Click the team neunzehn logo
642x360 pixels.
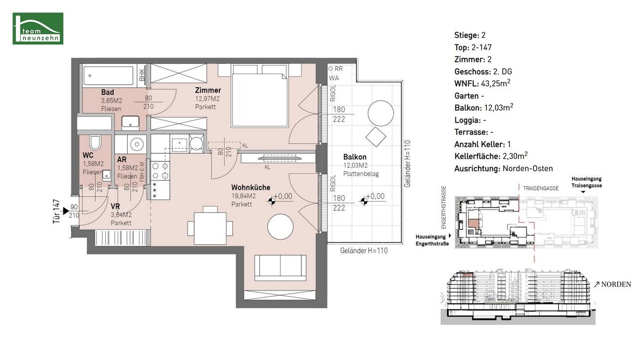coord(38,29)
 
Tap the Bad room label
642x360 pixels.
coord(107,92)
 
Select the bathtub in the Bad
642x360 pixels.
coord(108,76)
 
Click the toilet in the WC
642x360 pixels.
coord(95,142)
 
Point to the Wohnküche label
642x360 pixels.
coord(251,187)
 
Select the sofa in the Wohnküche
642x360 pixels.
coord(280,268)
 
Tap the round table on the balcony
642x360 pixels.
coord(381,113)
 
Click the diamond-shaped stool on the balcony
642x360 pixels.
coord(376,137)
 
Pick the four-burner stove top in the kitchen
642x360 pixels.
coord(160,171)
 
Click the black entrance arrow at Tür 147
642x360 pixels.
coord(66,211)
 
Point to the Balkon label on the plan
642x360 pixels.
coord(355,157)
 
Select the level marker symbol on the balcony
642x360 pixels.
coord(364,202)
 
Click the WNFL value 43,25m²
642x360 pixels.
coord(496,83)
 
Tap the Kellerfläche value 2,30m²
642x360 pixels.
coord(515,156)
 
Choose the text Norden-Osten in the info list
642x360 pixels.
coord(528,168)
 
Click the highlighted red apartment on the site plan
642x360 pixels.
coord(473,224)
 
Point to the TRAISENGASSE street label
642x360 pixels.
coord(541,188)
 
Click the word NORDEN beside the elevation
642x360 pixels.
coord(616,284)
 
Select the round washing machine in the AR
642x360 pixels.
coord(136,143)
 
